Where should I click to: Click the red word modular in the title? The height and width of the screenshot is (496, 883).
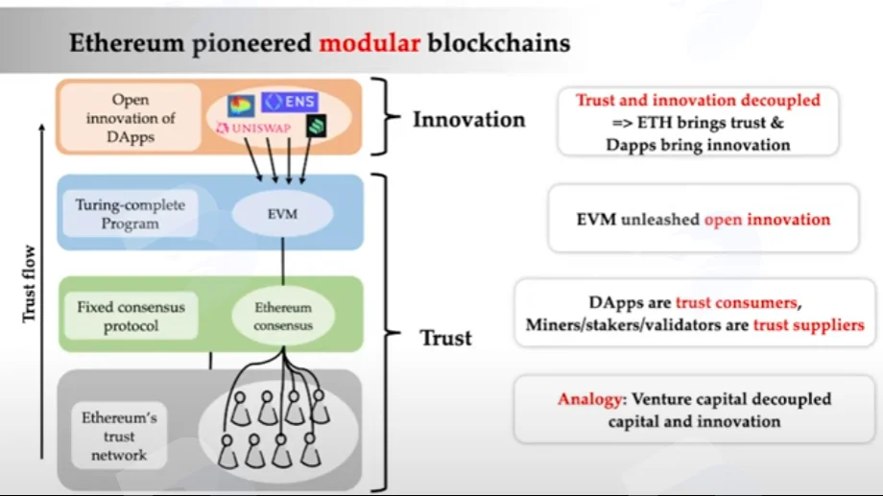pyautogui.click(x=370, y=43)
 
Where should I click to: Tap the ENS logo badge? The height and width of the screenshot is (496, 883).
pyautogui.click(x=290, y=102)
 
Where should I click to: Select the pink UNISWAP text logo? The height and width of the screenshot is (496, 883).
pyautogui.click(x=253, y=129)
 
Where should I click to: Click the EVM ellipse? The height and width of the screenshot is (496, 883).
pyautogui.click(x=282, y=214)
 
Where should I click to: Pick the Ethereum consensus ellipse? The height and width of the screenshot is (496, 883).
pyautogui.click(x=283, y=316)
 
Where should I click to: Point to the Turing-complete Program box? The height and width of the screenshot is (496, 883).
pyautogui.click(x=131, y=214)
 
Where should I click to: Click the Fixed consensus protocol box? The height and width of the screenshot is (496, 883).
pyautogui.click(x=131, y=316)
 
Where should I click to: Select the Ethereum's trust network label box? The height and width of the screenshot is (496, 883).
pyautogui.click(x=119, y=436)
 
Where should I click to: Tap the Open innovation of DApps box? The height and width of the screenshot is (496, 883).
pyautogui.click(x=131, y=118)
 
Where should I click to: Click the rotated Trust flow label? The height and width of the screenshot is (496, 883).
pyautogui.click(x=29, y=284)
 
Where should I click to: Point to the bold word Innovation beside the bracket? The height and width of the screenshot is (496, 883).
pyautogui.click(x=468, y=119)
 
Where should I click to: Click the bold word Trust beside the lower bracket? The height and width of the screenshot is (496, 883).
pyautogui.click(x=446, y=338)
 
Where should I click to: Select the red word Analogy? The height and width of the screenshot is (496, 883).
pyautogui.click(x=589, y=400)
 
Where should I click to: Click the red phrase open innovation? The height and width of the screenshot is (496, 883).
pyautogui.click(x=767, y=220)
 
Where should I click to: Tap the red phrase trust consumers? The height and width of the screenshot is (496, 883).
pyautogui.click(x=736, y=303)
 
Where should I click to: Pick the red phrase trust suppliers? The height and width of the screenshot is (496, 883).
pyautogui.click(x=808, y=325)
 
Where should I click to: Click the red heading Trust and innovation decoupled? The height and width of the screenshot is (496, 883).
pyautogui.click(x=698, y=100)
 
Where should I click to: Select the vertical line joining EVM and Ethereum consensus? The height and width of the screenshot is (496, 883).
pyautogui.click(x=283, y=262)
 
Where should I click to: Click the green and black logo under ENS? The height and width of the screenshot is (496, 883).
pyautogui.click(x=317, y=126)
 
